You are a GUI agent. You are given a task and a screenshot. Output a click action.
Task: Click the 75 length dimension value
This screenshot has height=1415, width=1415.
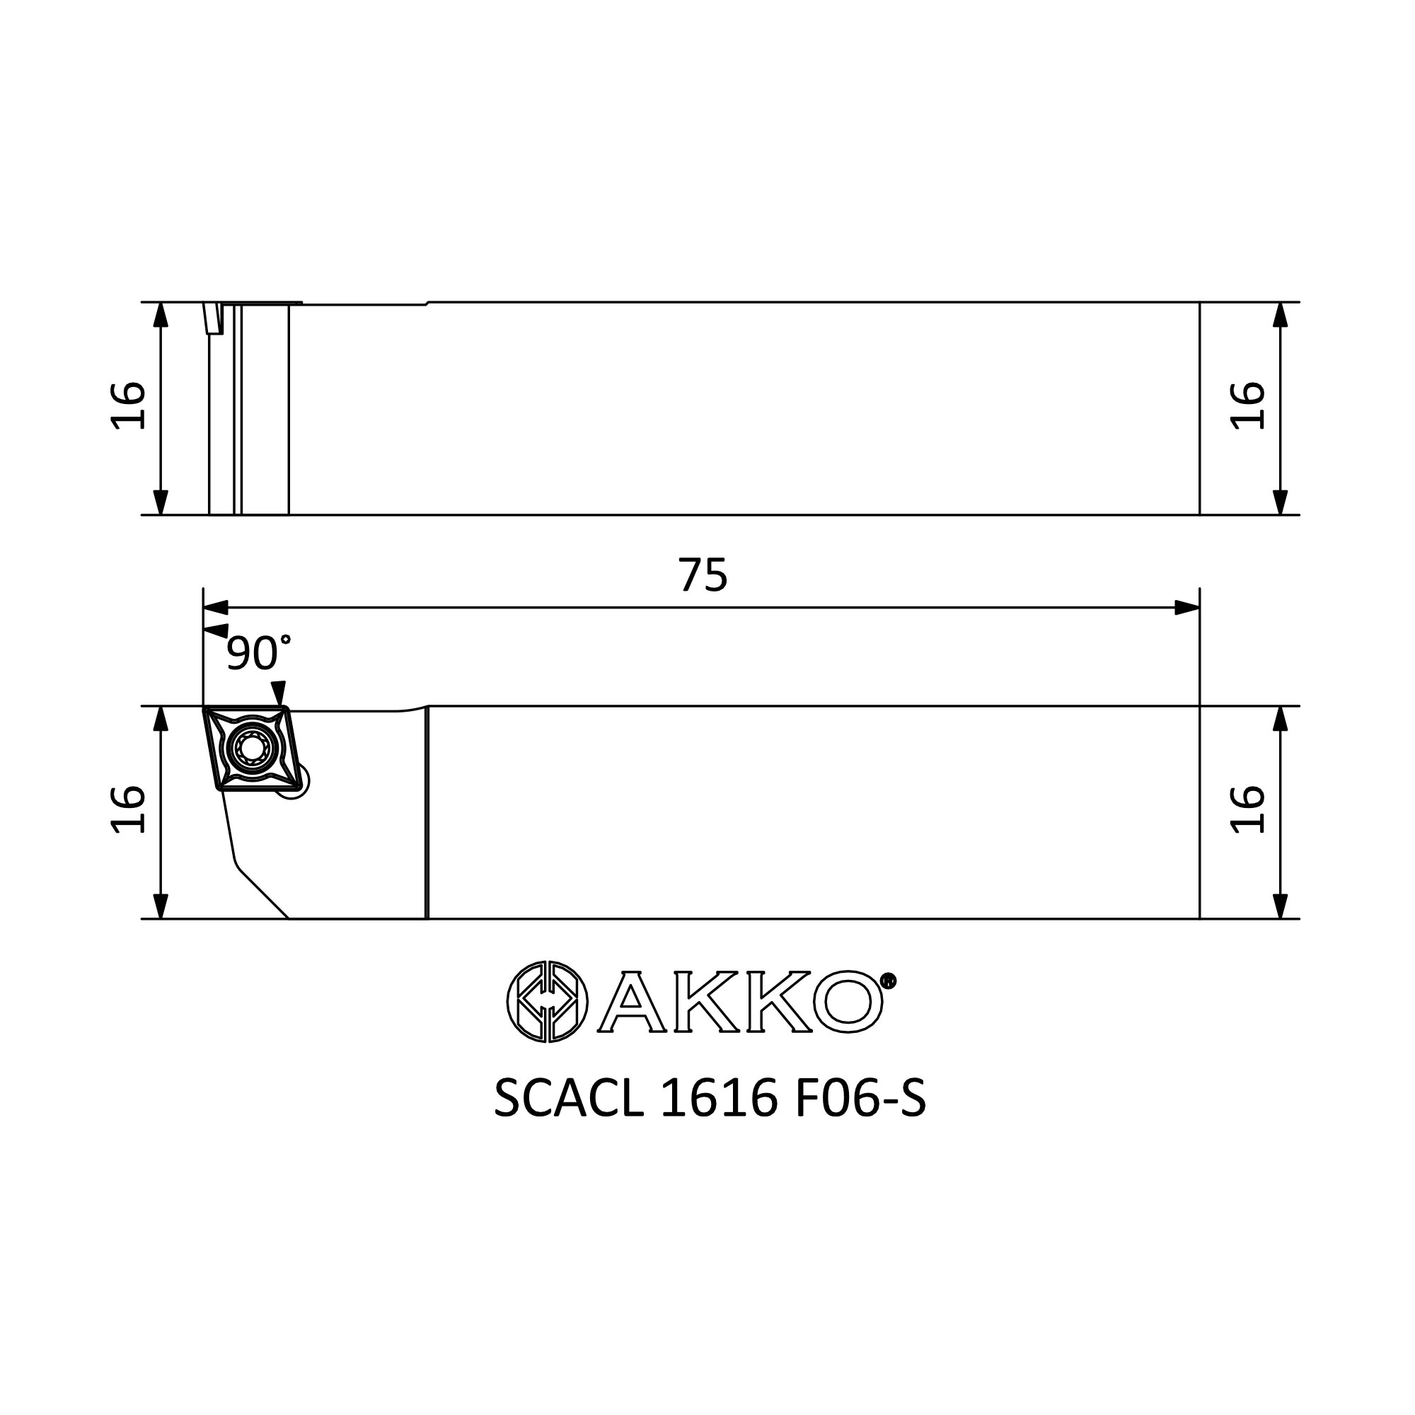pos(703,575)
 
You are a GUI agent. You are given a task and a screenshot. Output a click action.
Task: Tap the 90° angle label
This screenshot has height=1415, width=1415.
pos(258,652)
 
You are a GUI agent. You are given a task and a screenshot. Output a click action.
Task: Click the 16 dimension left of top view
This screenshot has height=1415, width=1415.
pos(128,405)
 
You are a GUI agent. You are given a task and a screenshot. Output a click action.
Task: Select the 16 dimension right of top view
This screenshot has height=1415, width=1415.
pos(1247,405)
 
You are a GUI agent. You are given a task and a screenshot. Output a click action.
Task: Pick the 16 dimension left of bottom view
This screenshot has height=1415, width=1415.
pos(128,809)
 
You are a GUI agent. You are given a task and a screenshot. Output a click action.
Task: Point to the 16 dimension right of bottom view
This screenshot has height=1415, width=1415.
pos(1247,809)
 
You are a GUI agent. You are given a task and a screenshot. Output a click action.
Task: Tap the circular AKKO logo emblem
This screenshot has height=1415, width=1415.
pos(547,1001)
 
